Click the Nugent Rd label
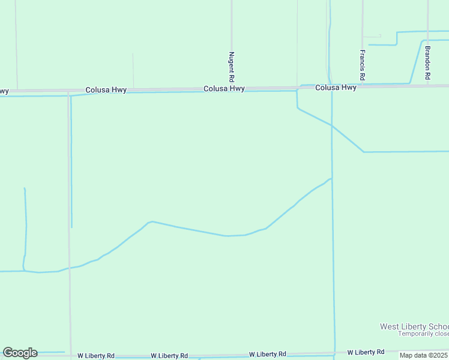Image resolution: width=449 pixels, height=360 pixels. click(x=231, y=66)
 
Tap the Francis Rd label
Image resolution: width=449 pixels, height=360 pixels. click(x=363, y=65)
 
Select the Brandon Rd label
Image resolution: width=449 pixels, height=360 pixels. click(x=427, y=63)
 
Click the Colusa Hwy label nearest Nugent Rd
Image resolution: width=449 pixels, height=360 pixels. click(x=224, y=88)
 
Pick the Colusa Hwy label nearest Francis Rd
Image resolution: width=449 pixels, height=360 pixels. click(x=336, y=88)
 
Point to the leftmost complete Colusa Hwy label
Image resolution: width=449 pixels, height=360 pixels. click(x=106, y=90)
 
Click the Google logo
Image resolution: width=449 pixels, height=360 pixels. click(x=20, y=353)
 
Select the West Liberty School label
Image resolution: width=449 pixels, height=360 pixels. click(x=414, y=326)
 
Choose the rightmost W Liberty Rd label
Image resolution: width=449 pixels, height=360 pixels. click(x=366, y=352)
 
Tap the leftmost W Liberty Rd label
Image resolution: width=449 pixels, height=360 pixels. click(x=96, y=356)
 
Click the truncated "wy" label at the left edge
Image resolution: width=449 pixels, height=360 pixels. click(x=4, y=91)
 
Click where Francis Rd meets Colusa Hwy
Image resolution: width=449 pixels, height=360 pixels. click(x=363, y=86)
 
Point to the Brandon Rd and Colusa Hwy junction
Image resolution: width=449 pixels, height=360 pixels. click(x=427, y=85)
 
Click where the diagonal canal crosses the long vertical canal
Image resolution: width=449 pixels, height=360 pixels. click(x=331, y=125)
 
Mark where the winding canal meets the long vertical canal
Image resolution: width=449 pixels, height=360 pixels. click(x=331, y=178)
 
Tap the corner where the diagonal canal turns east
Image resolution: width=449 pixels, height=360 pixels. click(x=364, y=152)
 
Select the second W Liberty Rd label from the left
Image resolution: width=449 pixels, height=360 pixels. click(x=169, y=356)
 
